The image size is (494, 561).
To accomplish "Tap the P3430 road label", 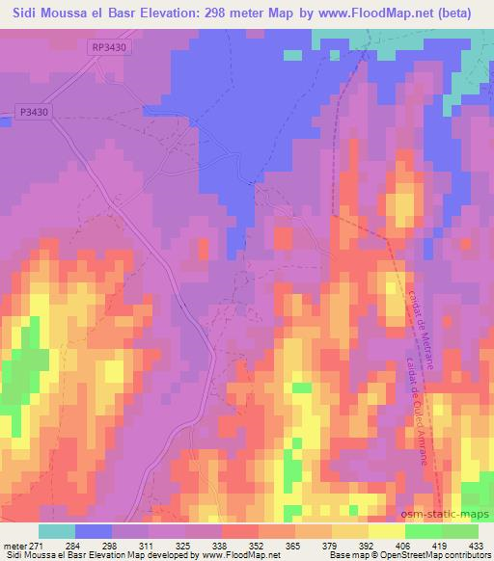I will [x=32, y=112].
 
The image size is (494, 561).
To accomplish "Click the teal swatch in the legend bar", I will [x=57, y=531].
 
